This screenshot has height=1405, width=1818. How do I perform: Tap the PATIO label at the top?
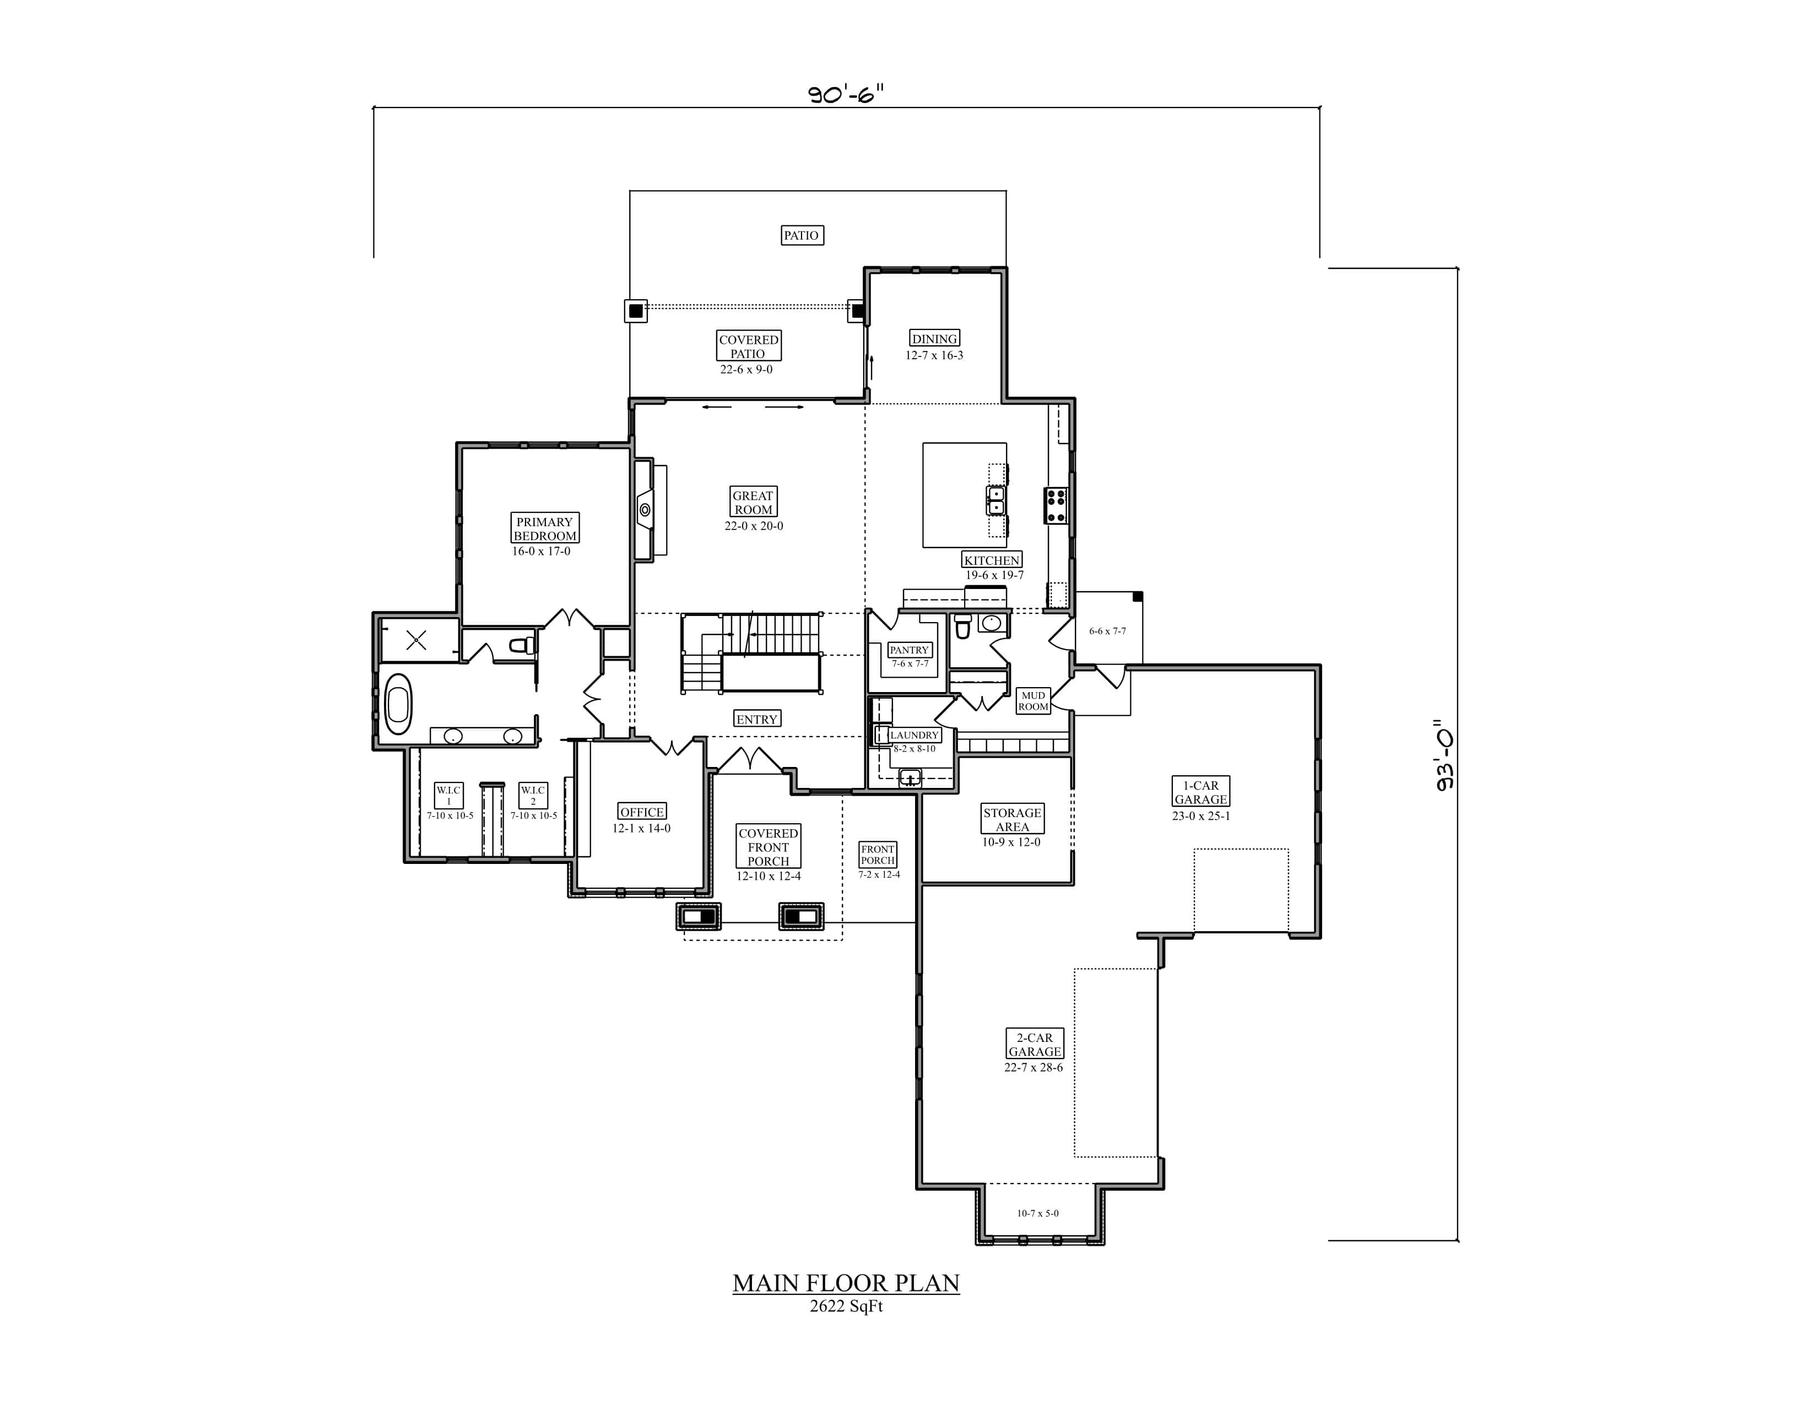(x=801, y=236)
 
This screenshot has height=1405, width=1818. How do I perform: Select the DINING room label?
(x=934, y=339)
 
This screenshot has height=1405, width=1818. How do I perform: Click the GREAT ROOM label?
(x=753, y=502)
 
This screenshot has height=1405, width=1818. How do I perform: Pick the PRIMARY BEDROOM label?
(x=544, y=528)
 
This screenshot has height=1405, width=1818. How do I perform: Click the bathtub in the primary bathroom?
(x=398, y=704)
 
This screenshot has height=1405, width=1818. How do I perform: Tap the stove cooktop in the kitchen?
(x=1056, y=505)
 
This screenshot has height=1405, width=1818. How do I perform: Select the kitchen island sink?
(x=995, y=500)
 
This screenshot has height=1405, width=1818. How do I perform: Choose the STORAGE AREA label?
(x=1011, y=819)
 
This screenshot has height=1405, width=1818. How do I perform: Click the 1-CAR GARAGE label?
(x=1200, y=792)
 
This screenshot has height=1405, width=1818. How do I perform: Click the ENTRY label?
(x=756, y=719)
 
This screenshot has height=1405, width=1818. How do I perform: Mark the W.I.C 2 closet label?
(x=533, y=795)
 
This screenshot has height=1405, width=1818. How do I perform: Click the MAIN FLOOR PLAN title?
(x=846, y=1283)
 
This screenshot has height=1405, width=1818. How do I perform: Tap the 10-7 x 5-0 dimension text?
(x=1037, y=1213)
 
